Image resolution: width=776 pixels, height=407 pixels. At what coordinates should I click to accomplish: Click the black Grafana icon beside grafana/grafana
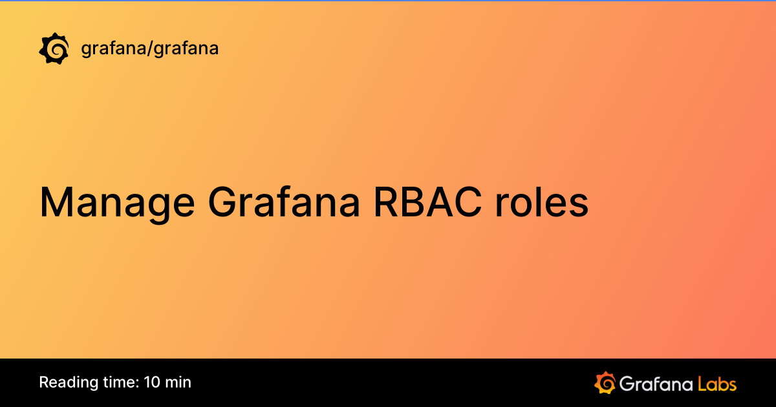click(54, 48)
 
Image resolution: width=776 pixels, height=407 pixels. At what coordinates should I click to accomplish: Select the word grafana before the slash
click(113, 48)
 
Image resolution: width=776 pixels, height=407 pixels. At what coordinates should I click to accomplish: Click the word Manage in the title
click(116, 203)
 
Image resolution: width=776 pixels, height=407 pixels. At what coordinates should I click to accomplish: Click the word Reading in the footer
click(65, 382)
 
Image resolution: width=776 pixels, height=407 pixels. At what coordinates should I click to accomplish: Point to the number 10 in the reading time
click(152, 382)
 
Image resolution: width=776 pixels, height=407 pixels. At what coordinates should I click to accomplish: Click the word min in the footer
click(178, 382)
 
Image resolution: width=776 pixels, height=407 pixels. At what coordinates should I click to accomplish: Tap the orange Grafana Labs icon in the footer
click(605, 382)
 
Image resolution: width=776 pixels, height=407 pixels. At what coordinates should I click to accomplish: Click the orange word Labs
click(717, 383)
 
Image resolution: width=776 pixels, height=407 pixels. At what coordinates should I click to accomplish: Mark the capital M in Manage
click(54, 203)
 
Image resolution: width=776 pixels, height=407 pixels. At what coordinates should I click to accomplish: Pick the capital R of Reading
click(44, 382)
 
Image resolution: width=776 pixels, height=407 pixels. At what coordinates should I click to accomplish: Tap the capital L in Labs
click(702, 383)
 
